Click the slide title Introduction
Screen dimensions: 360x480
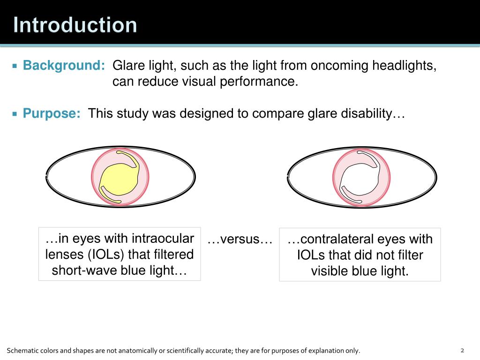pos(75,25)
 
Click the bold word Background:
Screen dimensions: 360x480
pos(64,66)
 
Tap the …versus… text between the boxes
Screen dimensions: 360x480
pos(240,240)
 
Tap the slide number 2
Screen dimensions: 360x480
pos(462,351)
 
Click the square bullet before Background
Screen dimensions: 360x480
pos(15,66)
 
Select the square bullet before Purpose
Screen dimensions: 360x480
pos(15,114)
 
